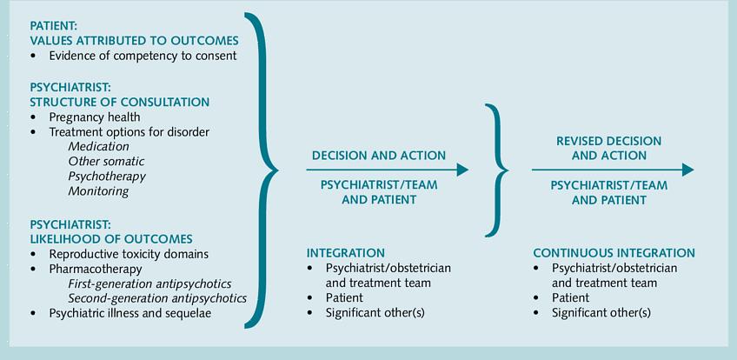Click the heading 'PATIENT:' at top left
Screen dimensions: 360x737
54,26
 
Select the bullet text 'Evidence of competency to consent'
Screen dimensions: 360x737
143,56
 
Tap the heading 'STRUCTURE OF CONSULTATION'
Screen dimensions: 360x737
119,102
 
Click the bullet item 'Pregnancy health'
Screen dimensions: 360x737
95,117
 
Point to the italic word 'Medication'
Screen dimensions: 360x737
98,147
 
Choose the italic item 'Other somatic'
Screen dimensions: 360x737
106,162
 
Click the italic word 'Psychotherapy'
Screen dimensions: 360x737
107,177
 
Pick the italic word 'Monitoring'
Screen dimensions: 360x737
98,191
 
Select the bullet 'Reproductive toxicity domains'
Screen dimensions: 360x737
129,253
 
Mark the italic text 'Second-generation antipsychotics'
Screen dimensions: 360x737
157,298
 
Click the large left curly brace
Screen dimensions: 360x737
263,170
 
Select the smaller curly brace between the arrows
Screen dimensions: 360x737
498,170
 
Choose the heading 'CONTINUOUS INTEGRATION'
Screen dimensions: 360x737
614,253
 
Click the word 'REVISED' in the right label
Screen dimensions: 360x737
581,141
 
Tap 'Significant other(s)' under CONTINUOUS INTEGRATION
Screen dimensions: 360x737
601,313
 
